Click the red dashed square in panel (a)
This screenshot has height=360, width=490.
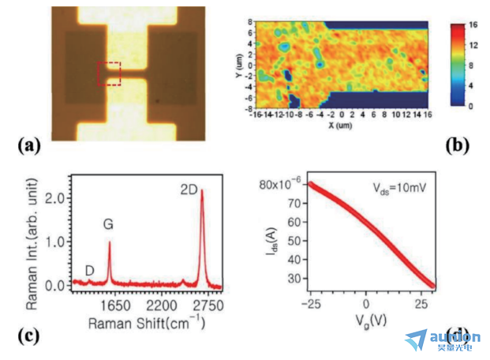[109, 73]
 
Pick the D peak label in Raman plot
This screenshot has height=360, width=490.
[90, 271]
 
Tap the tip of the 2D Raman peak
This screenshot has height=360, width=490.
[201, 190]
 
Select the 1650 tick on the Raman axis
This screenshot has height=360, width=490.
[113, 304]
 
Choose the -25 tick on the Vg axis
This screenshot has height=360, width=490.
[309, 303]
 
